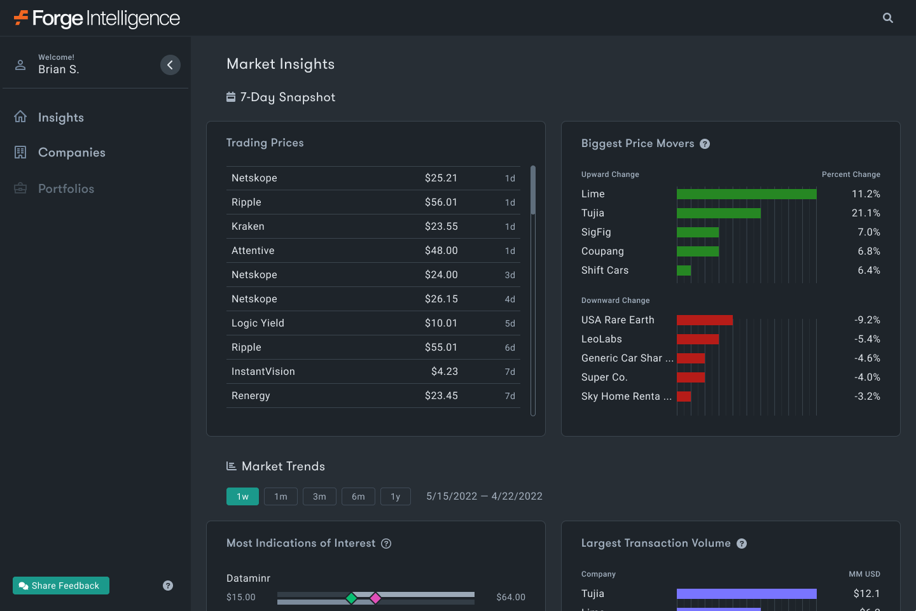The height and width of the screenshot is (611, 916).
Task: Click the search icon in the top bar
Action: (888, 18)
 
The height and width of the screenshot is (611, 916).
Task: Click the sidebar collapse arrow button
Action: (170, 65)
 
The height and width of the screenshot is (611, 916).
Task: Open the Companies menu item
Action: (71, 153)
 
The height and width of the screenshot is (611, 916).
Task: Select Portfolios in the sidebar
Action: (66, 189)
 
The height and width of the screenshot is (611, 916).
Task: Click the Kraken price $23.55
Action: (441, 227)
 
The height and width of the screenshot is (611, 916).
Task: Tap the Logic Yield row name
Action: (258, 323)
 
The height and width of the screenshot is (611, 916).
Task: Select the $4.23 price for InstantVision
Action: (444, 372)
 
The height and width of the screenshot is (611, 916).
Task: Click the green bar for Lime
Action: (746, 194)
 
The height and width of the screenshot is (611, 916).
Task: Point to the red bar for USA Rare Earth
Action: (704, 320)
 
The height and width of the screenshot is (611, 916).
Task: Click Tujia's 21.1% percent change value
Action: (866, 213)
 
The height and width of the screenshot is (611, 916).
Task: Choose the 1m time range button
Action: (281, 496)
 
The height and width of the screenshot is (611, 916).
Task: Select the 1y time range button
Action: (395, 496)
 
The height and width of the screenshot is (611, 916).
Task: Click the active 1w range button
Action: (242, 496)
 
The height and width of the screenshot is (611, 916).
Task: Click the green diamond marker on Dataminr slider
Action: (351, 598)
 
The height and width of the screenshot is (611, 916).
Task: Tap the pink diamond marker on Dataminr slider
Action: (375, 598)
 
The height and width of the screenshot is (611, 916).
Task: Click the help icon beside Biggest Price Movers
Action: (705, 144)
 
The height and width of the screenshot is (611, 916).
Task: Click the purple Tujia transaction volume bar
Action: (746, 594)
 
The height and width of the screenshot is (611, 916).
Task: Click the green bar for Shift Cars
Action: (684, 270)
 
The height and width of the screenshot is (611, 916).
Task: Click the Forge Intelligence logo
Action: (97, 18)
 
